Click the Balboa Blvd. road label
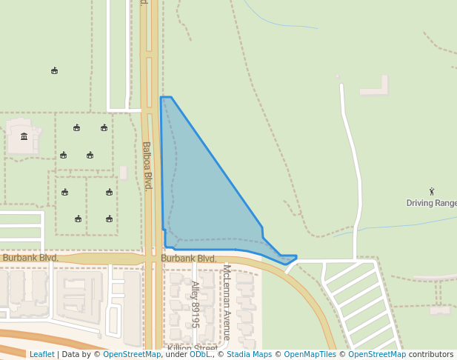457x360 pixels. click(147, 165)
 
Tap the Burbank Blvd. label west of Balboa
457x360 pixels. click(30, 258)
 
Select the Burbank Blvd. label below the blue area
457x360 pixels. click(189, 258)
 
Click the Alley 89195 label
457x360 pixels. click(196, 304)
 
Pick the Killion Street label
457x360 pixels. click(192, 348)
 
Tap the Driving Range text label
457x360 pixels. click(432, 203)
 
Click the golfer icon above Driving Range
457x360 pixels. click(432, 192)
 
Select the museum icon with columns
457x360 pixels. click(24, 136)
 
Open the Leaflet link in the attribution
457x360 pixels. click(42, 354)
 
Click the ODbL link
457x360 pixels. click(199, 354)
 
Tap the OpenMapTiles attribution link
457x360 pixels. click(310, 354)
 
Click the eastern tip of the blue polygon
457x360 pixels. click(296, 257)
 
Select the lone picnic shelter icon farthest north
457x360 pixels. click(55, 71)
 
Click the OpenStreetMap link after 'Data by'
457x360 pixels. click(132, 354)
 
